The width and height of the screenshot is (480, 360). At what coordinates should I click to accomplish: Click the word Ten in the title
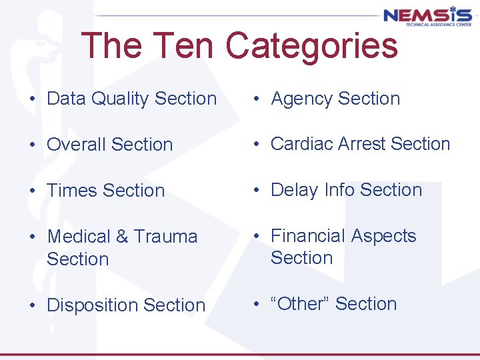pyautogui.click(x=181, y=46)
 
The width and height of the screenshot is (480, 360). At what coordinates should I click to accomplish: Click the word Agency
pyautogui.click(x=301, y=99)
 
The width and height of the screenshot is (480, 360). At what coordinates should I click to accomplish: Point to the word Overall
pyautogui.click(x=76, y=145)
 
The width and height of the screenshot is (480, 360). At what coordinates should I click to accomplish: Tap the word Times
pyautogui.click(x=70, y=191)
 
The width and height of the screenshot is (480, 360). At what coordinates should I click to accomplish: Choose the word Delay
pyautogui.click(x=294, y=190)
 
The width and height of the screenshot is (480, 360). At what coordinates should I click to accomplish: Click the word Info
pyautogui.click(x=338, y=190)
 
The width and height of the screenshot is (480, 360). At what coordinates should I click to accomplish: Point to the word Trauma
pyautogui.click(x=165, y=237)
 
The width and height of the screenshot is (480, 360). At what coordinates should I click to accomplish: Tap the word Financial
pyautogui.click(x=308, y=236)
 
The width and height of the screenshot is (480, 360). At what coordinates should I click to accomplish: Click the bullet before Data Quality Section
pyautogui.click(x=32, y=99)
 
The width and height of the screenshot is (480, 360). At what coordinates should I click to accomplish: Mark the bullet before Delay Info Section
pyautogui.click(x=256, y=191)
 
